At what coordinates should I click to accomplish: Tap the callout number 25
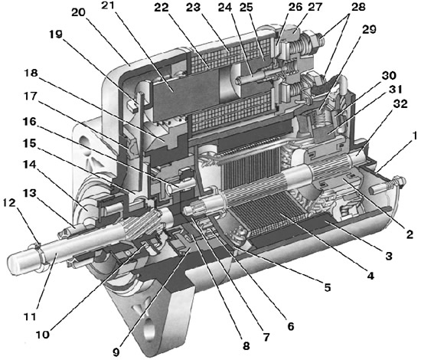click(x=246, y=9)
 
